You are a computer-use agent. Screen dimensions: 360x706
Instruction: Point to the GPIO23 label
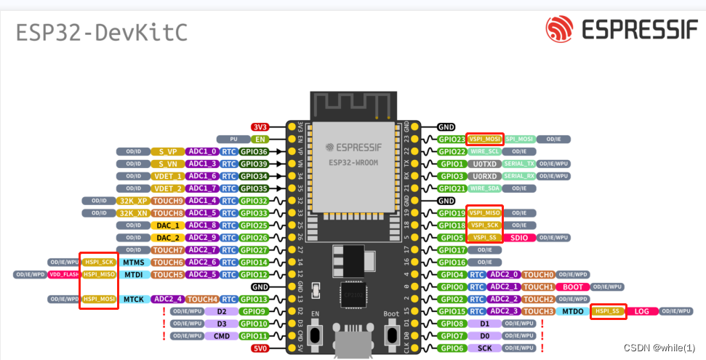tap(451, 139)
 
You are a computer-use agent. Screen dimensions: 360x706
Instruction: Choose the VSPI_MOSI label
tap(484, 139)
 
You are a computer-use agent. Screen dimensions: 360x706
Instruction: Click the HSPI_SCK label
tap(98, 262)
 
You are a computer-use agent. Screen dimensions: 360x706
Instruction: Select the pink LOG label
tap(641, 311)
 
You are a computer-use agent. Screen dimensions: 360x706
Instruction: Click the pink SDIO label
tap(519, 238)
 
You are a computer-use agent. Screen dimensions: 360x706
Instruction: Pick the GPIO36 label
tap(254, 151)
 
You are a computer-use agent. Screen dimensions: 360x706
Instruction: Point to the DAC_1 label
tap(167, 225)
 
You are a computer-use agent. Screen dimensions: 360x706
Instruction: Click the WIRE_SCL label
tap(484, 151)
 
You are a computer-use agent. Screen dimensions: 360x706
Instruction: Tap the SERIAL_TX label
tap(519, 164)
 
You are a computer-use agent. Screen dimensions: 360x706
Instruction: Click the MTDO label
tap(574, 311)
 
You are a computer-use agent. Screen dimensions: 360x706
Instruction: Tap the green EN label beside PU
tap(260, 139)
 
